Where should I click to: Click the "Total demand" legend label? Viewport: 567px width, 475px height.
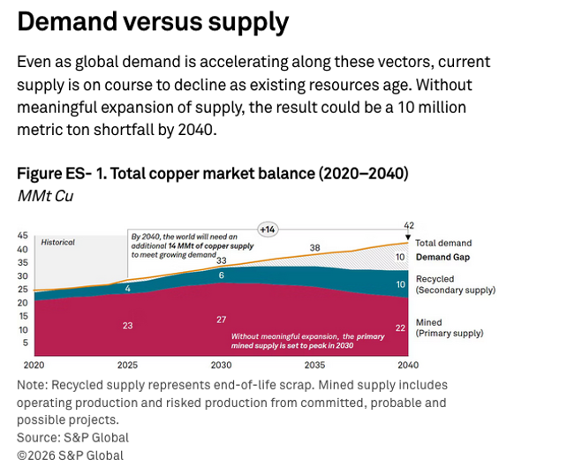[x=443, y=243]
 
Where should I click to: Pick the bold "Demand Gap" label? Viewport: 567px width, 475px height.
[x=442, y=257]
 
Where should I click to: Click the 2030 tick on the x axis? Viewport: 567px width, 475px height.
[x=221, y=365]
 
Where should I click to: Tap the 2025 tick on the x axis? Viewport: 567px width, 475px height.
[x=127, y=365]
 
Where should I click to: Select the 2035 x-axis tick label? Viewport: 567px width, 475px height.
[x=314, y=365]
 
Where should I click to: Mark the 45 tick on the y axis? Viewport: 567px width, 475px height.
[x=23, y=236]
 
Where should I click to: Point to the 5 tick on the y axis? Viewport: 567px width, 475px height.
[x=26, y=343]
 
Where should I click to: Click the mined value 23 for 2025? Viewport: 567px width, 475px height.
[x=127, y=325]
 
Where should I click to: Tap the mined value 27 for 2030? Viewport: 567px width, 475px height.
[x=221, y=319]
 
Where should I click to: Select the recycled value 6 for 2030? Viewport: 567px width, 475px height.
[x=222, y=275]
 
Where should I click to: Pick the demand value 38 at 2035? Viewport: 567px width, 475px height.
[x=314, y=247]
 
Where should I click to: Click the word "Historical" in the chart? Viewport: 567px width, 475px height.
[x=57, y=242]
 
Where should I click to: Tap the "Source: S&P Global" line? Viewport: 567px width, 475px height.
[x=73, y=437]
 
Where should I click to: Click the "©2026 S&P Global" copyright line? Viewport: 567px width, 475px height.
[x=71, y=456]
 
